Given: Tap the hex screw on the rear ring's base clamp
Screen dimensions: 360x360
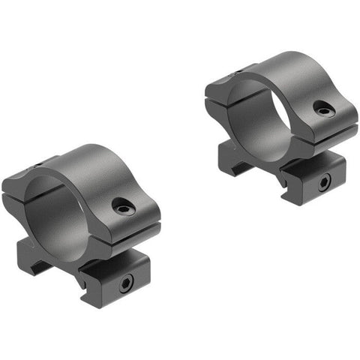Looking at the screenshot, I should (322, 181).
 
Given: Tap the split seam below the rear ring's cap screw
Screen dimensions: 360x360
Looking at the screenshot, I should (322, 129).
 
